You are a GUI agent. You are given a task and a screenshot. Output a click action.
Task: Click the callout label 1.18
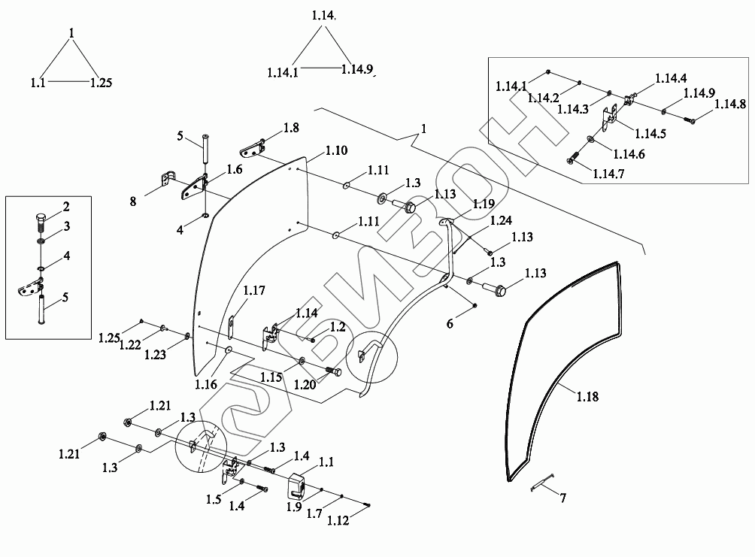587,396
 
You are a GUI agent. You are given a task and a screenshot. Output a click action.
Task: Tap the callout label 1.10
337,150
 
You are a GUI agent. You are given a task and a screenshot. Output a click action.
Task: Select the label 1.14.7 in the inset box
608,174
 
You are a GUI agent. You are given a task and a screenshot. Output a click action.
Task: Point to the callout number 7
563,498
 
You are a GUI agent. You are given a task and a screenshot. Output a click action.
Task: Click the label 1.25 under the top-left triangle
101,83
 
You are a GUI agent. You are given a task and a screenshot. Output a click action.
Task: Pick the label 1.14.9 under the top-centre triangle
357,69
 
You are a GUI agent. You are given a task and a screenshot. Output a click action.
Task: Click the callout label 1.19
484,204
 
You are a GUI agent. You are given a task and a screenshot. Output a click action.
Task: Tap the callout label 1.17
254,290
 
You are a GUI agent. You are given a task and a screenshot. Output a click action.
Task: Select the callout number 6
450,323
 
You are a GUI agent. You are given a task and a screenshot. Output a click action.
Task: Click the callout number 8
133,201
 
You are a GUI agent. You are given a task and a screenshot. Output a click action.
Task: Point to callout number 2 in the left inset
66,207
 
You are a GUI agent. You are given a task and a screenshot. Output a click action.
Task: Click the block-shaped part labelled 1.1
297,487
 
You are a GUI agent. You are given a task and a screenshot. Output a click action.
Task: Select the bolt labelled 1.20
333,371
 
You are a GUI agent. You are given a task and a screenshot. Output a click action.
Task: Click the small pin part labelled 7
541,482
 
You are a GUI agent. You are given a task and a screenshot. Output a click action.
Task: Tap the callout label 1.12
338,520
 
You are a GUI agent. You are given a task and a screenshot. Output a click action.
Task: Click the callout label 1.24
501,220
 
